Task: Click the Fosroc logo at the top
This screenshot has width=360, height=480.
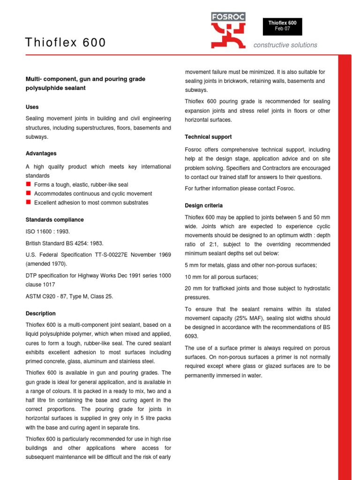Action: coord(228,30)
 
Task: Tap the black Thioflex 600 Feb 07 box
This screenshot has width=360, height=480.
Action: coord(282,26)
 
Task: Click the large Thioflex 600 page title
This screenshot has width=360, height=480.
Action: coord(66,43)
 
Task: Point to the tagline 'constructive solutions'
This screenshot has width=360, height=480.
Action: coord(285,45)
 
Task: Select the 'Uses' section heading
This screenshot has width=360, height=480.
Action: coord(32,107)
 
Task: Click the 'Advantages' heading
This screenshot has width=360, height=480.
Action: coord(41,153)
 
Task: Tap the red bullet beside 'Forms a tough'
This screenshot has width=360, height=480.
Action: coord(28,184)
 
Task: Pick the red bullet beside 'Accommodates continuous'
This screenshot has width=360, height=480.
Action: coord(28,193)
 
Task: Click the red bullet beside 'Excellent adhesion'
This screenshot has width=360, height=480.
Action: coord(28,202)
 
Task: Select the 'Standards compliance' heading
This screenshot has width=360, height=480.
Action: coord(54,219)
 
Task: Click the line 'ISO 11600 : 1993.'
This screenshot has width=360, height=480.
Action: coord(48,232)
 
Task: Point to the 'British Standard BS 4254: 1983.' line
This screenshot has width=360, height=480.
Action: coord(64,243)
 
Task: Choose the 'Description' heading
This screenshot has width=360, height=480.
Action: coord(40,313)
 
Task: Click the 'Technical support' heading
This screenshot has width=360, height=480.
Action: coord(208,137)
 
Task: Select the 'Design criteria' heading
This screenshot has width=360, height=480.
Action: coord(203,205)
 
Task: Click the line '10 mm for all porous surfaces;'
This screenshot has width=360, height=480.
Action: coord(221,277)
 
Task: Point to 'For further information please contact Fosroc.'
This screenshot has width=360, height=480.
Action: coord(240,188)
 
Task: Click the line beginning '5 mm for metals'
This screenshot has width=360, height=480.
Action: coord(251,265)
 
